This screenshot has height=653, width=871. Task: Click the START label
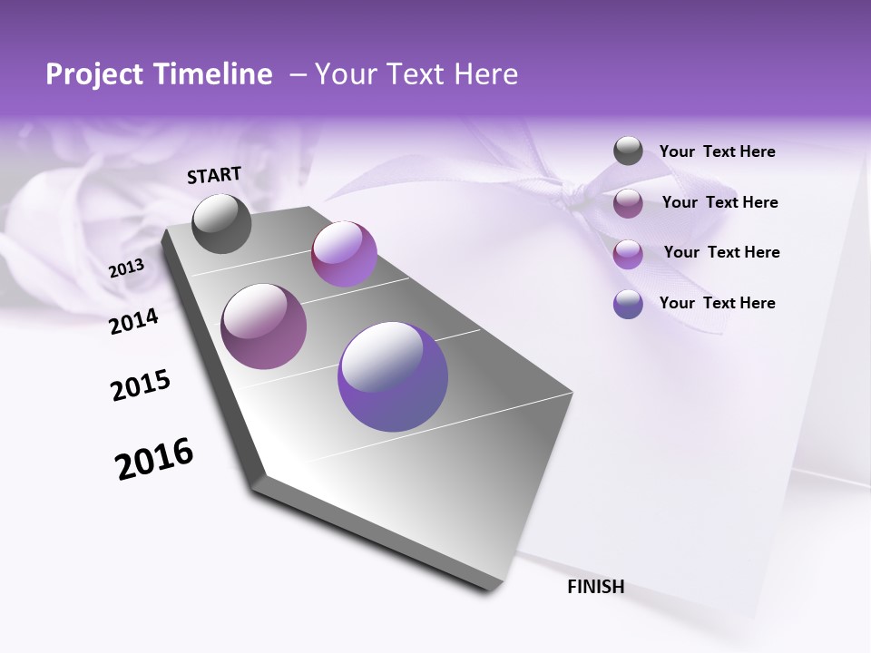click(x=214, y=175)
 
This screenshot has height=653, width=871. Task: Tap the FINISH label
click(x=595, y=587)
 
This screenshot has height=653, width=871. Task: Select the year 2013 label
click(x=126, y=268)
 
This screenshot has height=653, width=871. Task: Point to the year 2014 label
click(x=133, y=321)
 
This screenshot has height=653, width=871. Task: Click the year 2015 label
click(x=141, y=385)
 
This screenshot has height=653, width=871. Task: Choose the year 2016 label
click(x=154, y=458)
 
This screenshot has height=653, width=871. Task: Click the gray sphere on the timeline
click(x=221, y=223)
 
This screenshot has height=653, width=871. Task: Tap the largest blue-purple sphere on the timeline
click(x=393, y=376)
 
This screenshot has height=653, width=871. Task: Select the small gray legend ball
click(x=628, y=151)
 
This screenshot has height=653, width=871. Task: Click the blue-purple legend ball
click(x=628, y=304)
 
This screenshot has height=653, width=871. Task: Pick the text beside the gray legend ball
click(x=717, y=152)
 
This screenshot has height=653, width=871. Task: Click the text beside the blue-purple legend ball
click(x=717, y=303)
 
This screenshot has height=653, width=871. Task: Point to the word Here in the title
click(x=485, y=74)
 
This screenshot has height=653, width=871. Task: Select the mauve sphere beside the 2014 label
click(x=263, y=326)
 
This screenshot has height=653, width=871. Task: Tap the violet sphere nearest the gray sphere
click(x=344, y=253)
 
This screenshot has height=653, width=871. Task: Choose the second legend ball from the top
click(x=628, y=203)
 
